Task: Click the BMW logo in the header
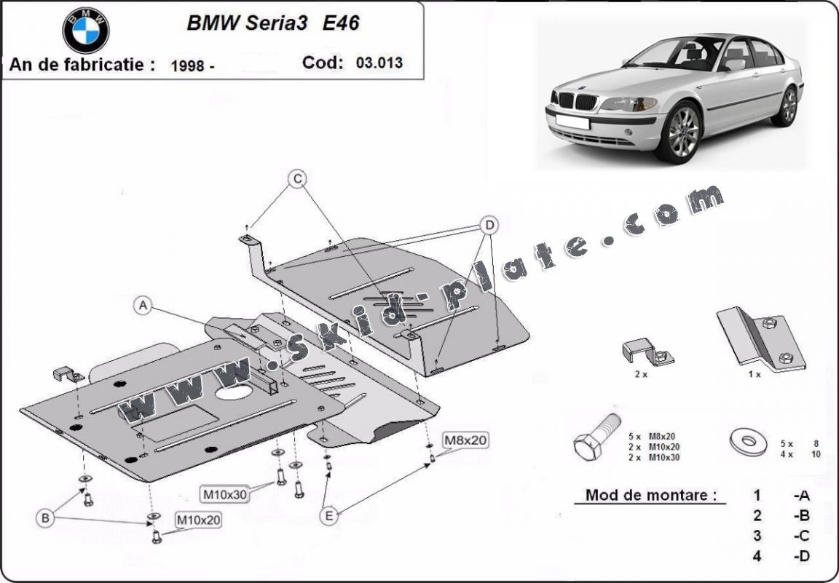tap(85, 31)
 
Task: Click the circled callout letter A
tap(143, 306)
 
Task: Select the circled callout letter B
tap(46, 518)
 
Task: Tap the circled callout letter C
tap(296, 178)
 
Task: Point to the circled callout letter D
tap(489, 225)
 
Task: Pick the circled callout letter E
tap(329, 515)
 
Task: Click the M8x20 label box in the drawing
tap(465, 440)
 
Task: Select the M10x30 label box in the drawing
tap(225, 494)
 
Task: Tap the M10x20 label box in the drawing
tap(197, 520)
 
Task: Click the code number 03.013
tap(379, 63)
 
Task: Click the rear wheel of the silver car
tap(788, 106)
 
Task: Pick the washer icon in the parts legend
tap(748, 441)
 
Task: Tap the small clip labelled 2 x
tap(647, 352)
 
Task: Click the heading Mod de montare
tap(646, 496)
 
